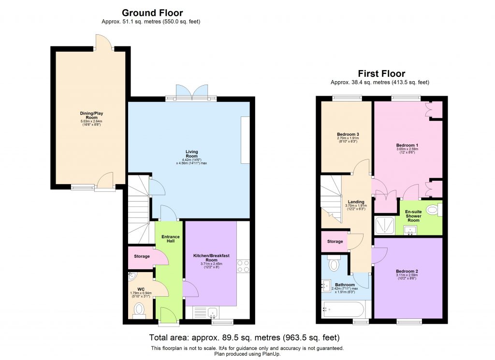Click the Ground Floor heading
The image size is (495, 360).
(152, 13)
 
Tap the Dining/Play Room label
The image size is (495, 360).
(91, 116)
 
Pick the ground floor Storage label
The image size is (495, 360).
(141, 256)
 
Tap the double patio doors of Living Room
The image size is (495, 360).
(191, 92)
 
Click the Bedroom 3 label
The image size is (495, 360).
(348, 134)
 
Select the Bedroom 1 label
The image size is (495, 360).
(407, 145)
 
